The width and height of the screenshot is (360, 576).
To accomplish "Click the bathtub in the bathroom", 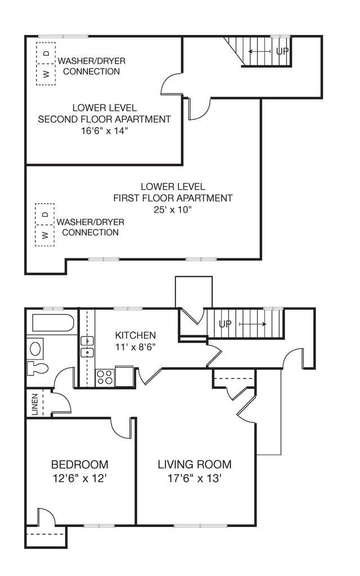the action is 53,323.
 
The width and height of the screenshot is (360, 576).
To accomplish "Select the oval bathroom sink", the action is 35,349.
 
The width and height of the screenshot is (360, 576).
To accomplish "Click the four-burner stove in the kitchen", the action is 105,377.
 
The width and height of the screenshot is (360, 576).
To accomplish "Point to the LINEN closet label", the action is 35,404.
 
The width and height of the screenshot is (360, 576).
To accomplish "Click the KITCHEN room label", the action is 135,335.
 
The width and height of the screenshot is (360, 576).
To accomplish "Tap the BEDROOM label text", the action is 80,465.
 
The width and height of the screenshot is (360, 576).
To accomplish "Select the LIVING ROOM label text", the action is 195,464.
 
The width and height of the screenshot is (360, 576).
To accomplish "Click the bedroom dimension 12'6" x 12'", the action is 80,479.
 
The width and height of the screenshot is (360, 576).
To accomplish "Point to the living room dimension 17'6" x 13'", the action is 195,479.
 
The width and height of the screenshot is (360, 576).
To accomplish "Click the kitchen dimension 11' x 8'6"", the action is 136,346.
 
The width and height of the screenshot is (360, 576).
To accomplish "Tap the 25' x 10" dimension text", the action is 173,210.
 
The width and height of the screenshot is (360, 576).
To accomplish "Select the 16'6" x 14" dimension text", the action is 104,130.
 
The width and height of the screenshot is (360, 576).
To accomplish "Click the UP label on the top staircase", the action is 282,51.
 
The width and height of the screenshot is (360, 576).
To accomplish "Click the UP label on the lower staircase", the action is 225,324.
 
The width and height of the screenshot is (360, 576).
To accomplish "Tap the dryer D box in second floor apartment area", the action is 46,53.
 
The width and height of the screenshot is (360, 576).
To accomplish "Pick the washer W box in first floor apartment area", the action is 45,235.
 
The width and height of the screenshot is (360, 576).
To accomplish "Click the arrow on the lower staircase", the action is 253,324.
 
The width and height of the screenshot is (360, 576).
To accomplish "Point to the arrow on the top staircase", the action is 260,51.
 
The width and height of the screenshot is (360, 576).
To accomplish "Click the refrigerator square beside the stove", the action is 124,375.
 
